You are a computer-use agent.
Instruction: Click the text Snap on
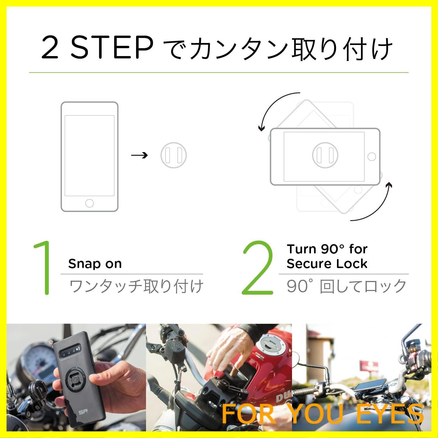click(95, 264)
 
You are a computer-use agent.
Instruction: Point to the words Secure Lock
click(327, 264)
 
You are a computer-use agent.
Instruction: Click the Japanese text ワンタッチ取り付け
click(136, 286)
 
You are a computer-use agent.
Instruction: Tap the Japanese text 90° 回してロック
click(346, 286)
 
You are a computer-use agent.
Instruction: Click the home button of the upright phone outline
click(89, 203)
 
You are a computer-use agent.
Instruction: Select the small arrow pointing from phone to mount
click(139, 155)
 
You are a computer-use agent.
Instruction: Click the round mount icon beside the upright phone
click(173, 155)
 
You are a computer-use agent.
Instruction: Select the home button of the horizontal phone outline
click(371, 157)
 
